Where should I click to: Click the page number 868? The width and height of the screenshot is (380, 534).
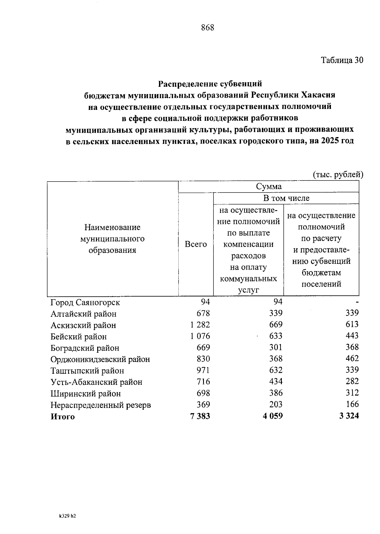coord(208,28)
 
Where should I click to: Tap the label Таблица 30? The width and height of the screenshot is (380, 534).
coord(342,60)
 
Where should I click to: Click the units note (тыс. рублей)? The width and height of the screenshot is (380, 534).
coord(338,175)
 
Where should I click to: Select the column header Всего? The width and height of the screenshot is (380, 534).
coord(196,244)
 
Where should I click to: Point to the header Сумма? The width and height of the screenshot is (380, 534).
coord(269,187)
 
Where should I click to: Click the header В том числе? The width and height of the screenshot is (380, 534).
coord(286,198)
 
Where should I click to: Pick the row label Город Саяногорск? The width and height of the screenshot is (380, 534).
coord(85,302)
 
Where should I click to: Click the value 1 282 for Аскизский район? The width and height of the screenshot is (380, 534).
coord(200,325)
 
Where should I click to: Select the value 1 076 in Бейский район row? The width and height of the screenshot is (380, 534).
coord(200,336)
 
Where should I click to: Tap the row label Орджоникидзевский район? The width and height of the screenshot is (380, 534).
coord(100,359)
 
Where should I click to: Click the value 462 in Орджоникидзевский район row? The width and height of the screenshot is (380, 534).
coord(352,359)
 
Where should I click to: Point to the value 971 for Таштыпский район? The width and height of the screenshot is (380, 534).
coord(203,370)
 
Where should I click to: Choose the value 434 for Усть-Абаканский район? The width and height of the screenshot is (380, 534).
coord(275,381)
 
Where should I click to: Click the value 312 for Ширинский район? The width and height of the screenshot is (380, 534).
coord(352,393)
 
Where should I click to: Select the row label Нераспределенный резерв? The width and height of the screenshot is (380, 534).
coord(101,405)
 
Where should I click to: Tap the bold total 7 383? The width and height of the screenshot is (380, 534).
coord(200,416)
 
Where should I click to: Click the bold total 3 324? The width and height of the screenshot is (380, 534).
coord(349,416)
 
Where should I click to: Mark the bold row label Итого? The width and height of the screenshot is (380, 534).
coord(63,417)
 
